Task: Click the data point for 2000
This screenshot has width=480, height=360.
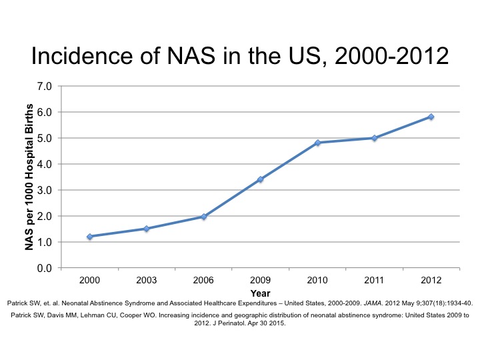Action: coord(89,237)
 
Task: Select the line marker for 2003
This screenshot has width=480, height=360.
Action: coord(146,229)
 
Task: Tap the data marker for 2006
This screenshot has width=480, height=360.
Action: coord(203,217)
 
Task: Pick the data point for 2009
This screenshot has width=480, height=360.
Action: coord(260,179)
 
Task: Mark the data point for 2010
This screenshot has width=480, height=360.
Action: coord(317,143)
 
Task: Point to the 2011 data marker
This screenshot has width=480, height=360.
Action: coord(374,138)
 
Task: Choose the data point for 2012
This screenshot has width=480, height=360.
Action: coord(431,117)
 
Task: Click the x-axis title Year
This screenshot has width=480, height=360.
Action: coord(260,293)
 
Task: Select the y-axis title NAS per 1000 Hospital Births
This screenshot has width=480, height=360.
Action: coord(29,177)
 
